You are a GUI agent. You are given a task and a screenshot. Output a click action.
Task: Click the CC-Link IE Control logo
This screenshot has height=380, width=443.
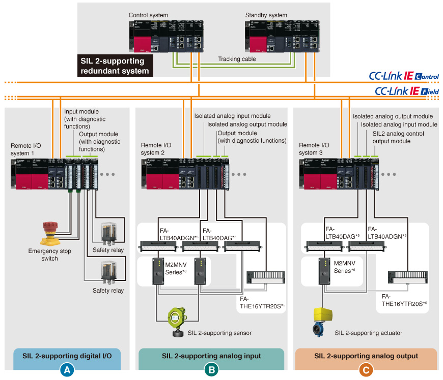[404, 76]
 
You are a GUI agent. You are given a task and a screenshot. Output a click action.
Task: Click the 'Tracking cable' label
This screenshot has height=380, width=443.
[237, 59]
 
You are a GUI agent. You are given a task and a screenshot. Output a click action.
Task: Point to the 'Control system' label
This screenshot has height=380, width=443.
[148, 15]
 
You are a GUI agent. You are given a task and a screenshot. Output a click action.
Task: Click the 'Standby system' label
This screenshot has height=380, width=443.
[266, 15]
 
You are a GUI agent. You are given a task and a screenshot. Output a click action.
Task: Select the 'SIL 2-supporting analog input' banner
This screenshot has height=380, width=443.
[211, 356]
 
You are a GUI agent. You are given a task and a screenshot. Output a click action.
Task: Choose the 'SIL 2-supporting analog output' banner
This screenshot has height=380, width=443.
[366, 356]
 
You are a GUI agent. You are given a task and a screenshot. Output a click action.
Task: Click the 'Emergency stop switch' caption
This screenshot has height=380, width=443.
[50, 255]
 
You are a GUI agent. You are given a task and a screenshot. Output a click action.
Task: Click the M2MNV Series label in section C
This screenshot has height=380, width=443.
[345, 267]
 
